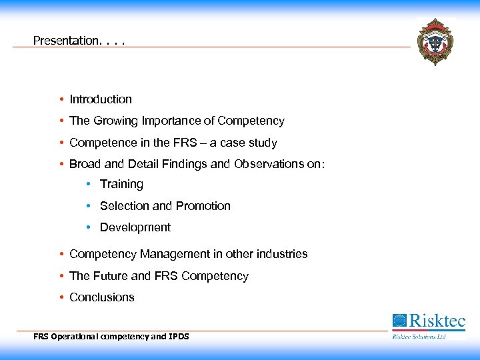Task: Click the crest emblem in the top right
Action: (x=435, y=41)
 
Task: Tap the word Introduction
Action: (x=101, y=99)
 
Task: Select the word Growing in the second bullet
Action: (x=115, y=121)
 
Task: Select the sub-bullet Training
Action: (x=121, y=185)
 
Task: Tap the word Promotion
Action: (x=203, y=206)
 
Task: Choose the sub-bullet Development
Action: (x=135, y=227)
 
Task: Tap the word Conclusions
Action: (x=102, y=297)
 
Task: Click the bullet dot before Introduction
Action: (x=61, y=99)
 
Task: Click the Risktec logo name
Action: (x=437, y=321)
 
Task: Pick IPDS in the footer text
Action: (x=179, y=337)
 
